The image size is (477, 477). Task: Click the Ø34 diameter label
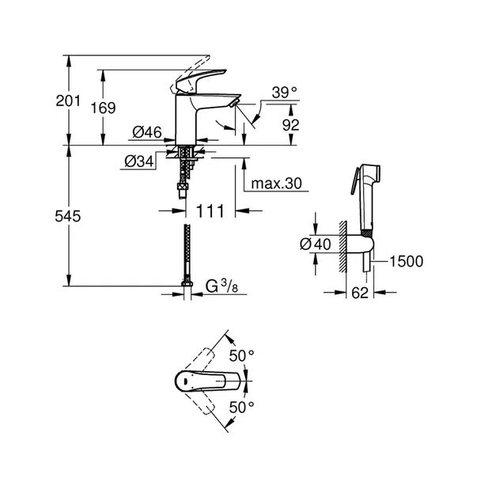coord(138,161)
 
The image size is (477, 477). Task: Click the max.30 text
coord(277,184)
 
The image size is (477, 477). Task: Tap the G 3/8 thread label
coord(224,285)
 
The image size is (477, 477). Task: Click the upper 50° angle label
coord(242,355)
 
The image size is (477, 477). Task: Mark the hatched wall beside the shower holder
coord(343,245)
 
